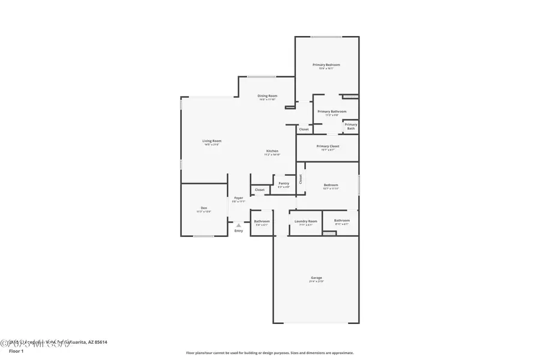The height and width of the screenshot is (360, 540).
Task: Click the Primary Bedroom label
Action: pos(326,65)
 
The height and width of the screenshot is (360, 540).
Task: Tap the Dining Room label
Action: pos(267,96)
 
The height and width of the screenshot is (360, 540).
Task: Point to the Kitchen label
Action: pos(272,151)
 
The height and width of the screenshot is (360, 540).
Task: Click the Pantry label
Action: pos(284,183)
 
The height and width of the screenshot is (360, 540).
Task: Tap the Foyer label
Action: pos(239,197)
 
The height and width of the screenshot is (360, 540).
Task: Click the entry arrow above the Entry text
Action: pos(238,225)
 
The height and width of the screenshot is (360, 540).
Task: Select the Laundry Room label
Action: pos(305,221)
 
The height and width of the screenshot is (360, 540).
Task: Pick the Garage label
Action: pos(316,278)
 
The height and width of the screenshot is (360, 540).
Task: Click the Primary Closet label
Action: pos(328,146)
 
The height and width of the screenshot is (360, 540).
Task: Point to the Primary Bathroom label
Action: pos(332,111)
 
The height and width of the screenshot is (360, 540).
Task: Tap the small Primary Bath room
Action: pos(350,126)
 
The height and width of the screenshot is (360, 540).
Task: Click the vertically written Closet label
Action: pos(301,178)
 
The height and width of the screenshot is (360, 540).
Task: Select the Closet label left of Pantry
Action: pos(260,190)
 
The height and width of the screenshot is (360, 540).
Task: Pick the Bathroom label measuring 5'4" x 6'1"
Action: pos(262,221)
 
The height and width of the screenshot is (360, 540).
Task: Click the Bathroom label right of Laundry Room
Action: pos(341,220)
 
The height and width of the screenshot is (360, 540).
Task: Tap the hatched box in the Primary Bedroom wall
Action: pos(349,95)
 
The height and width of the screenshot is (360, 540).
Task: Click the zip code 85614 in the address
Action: pos(100,342)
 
